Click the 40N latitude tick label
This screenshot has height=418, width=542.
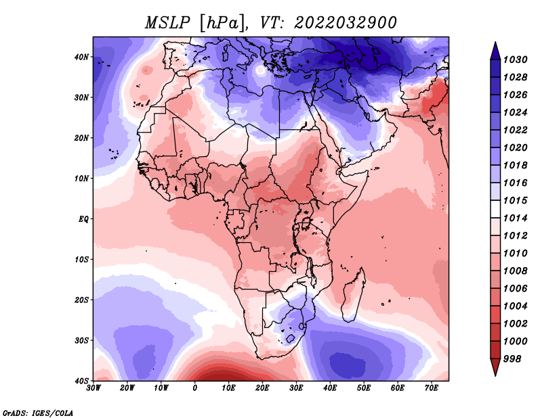click(81, 57)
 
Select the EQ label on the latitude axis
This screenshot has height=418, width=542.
click(83, 219)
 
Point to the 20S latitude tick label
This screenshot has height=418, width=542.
click(81, 300)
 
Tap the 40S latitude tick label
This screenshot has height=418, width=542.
click(81, 381)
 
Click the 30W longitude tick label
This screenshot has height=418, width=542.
click(93, 388)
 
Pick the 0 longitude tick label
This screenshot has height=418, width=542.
click(195, 388)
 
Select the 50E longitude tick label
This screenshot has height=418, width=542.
click(364, 388)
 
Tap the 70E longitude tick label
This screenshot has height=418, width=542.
click(432, 388)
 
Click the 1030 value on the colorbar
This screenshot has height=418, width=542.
click(515, 60)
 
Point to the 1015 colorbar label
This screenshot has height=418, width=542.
click(515, 200)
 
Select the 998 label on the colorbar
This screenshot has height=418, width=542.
click(512, 359)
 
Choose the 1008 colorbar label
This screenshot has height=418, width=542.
click(515, 271)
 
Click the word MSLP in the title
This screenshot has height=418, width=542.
click(167, 23)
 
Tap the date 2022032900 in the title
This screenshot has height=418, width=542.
click(346, 23)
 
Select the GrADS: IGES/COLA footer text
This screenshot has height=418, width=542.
click(38, 413)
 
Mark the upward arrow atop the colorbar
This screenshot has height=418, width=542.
click(495, 51)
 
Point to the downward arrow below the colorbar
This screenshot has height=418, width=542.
click(495, 367)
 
